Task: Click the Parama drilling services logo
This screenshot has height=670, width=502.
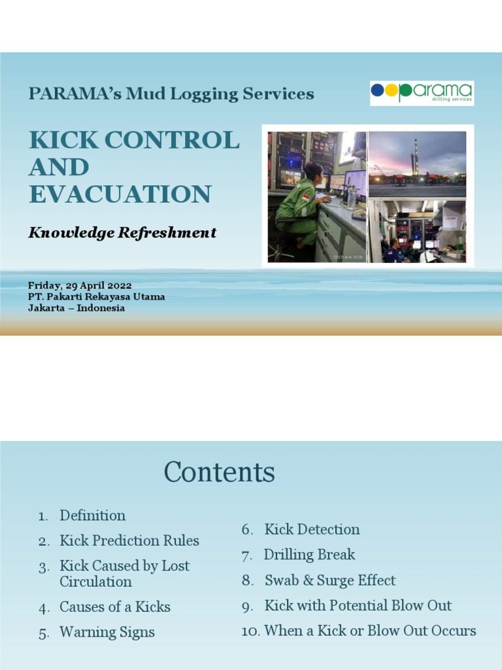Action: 422,93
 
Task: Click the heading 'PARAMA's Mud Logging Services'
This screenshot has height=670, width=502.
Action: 171,94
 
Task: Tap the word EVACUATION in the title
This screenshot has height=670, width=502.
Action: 120,194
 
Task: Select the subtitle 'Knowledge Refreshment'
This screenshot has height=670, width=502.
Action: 122,233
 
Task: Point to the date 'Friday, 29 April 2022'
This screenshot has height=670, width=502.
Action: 80,286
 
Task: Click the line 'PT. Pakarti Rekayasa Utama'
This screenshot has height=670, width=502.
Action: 96,297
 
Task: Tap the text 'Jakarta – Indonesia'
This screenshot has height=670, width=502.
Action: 76,308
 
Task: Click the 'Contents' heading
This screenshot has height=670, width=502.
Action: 219,472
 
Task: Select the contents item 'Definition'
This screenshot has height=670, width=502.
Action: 92,516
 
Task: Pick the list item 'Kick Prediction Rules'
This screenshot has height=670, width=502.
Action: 129,541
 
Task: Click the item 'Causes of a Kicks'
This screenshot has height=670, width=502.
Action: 115,607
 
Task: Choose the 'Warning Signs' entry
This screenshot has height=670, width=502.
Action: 107,633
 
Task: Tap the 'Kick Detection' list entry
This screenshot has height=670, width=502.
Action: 312,529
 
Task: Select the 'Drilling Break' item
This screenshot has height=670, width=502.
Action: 309,555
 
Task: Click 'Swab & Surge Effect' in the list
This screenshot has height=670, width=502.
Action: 330,580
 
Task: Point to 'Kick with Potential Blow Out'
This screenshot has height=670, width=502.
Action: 358,606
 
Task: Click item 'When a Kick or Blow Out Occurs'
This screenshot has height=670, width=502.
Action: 369,631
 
